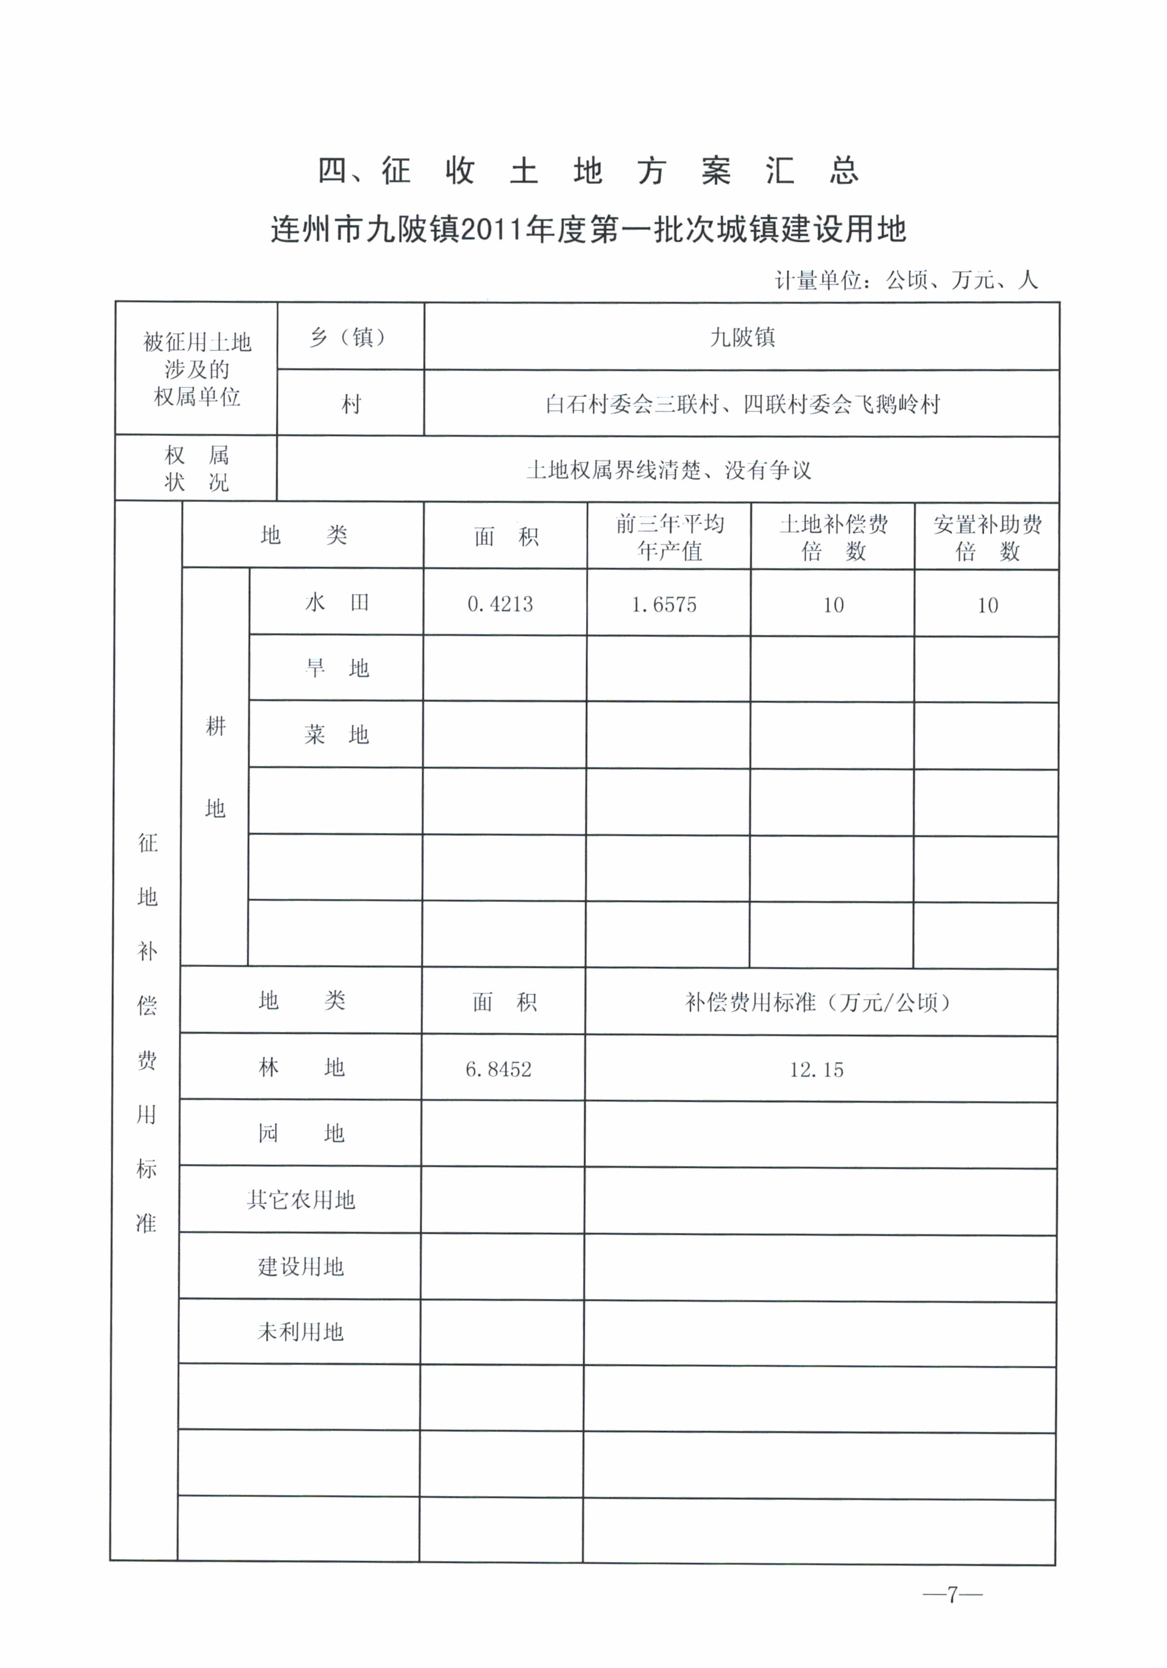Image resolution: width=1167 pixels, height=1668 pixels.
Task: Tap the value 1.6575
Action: coord(663,605)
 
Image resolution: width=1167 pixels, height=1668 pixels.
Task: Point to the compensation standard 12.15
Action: coord(817,1070)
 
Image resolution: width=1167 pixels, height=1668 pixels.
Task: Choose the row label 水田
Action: coord(336,602)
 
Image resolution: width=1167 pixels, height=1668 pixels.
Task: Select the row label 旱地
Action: coord(336,668)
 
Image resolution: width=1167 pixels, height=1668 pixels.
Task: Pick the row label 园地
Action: coord(301,1133)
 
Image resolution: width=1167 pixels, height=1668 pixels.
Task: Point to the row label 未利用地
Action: coord(301,1332)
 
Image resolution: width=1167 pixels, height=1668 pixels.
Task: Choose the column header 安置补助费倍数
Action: coord(987,538)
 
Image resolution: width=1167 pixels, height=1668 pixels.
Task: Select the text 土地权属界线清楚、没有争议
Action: coord(668,470)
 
